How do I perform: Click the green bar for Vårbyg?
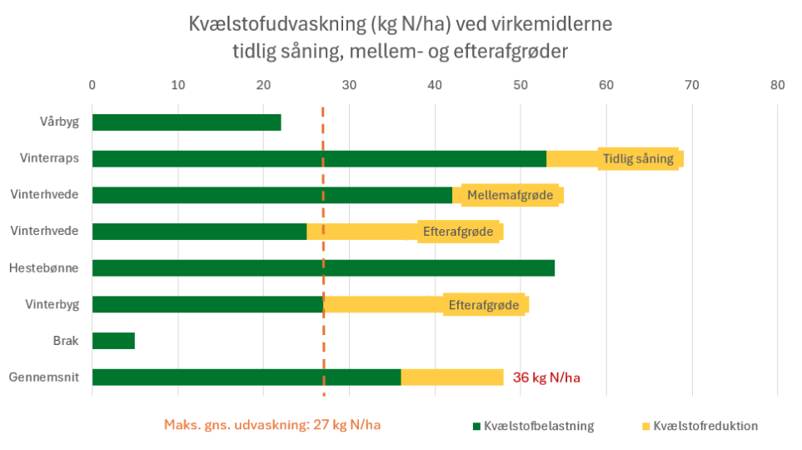(x=187, y=122)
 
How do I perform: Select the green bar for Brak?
(x=113, y=341)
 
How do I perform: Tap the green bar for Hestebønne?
(x=323, y=268)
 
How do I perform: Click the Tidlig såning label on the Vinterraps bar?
(x=638, y=158)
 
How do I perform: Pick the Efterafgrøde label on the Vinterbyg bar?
(x=484, y=305)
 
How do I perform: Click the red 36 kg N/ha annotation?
(x=546, y=377)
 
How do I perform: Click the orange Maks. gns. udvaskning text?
(x=272, y=425)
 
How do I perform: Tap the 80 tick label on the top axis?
(x=777, y=84)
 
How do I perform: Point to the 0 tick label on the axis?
(x=92, y=84)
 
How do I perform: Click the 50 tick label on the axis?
(x=521, y=84)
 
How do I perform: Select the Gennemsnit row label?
(x=44, y=377)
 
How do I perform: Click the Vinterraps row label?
(x=49, y=158)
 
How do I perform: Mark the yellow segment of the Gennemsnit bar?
(x=451, y=377)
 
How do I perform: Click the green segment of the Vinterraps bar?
(x=319, y=158)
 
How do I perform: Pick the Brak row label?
(x=66, y=341)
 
